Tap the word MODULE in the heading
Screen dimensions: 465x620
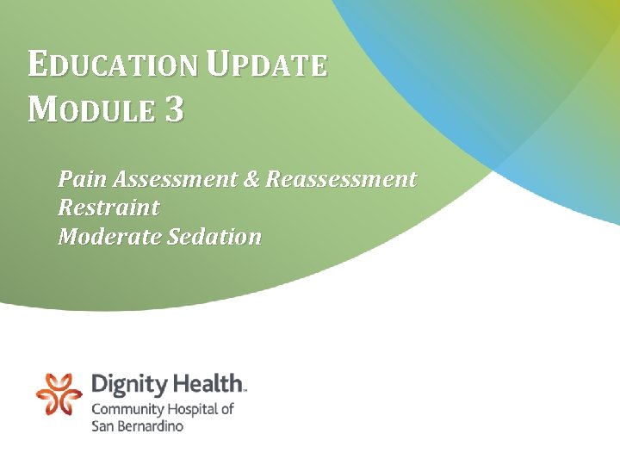click(x=91, y=110)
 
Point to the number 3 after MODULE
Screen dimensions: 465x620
click(x=173, y=110)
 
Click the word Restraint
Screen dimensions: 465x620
click(x=108, y=208)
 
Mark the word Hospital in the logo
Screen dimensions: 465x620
click(x=191, y=409)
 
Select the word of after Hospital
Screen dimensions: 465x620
click(x=226, y=409)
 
